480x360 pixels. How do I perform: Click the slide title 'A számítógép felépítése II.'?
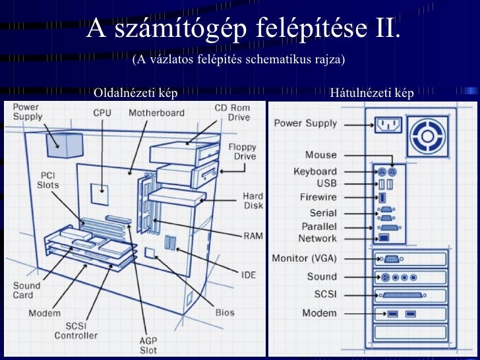[244, 28]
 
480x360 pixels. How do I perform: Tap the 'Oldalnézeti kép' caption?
[136, 93]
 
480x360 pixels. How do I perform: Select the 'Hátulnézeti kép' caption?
[372, 93]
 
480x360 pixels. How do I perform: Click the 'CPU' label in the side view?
[102, 113]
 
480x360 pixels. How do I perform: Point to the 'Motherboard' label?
[156, 113]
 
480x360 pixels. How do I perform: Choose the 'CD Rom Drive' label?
[232, 113]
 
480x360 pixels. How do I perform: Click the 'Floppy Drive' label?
[242, 152]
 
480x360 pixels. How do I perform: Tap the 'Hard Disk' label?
[253, 200]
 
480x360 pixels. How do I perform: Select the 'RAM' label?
[253, 235]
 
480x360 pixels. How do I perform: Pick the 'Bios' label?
[224, 312]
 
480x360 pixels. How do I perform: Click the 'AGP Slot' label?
[148, 345]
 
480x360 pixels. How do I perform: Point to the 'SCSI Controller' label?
[76, 330]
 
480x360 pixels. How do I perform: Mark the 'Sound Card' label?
[27, 291]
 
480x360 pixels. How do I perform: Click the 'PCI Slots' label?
[47, 180]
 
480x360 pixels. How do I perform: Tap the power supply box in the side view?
[65, 144]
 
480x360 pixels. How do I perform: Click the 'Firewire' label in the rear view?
[318, 197]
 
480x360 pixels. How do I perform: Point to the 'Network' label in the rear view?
[317, 238]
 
